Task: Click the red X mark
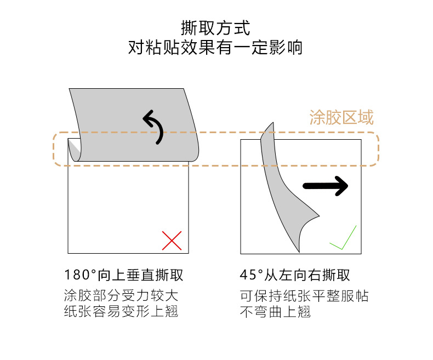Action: coord(172,241)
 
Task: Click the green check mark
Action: coord(343,239)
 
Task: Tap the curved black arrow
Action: coord(153,125)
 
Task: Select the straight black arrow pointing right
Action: coord(326,186)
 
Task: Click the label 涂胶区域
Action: coord(341,117)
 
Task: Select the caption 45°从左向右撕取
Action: coord(295,275)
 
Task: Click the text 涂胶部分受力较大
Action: coord(121,296)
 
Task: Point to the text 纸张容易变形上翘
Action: coord(121,312)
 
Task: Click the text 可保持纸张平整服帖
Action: coord(304,296)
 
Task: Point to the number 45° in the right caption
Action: coord(250,275)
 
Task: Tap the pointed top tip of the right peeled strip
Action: coord(271,124)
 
